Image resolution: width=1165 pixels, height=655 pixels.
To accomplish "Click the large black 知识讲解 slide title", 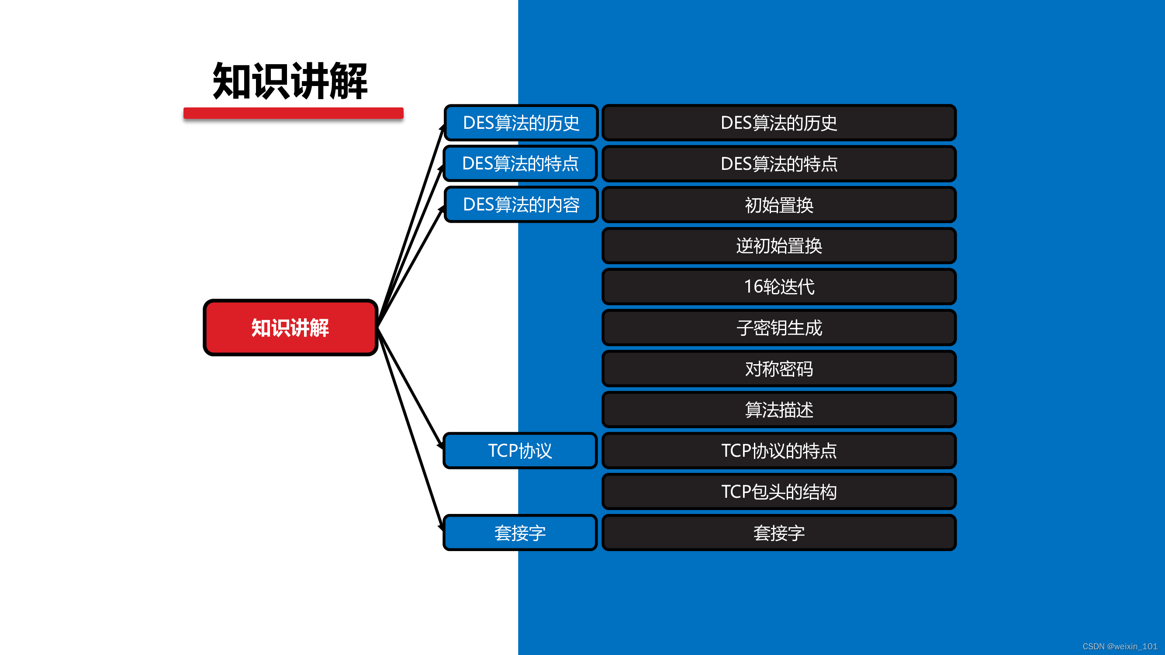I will [290, 81].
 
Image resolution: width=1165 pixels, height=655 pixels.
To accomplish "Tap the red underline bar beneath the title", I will [293, 113].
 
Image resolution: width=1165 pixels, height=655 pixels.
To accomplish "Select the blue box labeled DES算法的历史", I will [521, 123].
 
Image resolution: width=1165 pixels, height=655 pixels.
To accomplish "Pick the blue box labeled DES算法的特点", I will [520, 164].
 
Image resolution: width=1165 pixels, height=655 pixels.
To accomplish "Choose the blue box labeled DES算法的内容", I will [521, 205].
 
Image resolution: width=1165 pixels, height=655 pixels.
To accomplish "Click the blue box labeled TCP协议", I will [520, 451].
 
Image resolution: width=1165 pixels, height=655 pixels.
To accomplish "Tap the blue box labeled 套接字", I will [520, 533].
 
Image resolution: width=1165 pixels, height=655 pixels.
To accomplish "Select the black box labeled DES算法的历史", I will [779, 123].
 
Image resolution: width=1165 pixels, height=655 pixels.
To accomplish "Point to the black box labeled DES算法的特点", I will [779, 164].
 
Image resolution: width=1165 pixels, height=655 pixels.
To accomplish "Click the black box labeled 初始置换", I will [779, 205].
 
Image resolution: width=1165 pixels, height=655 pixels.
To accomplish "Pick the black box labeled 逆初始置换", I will [779, 246].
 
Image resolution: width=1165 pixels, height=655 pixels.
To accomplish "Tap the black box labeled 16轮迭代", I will [779, 286].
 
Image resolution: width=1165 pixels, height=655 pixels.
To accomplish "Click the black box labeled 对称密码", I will [779, 369].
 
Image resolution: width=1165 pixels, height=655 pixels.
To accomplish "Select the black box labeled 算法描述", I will [779, 410].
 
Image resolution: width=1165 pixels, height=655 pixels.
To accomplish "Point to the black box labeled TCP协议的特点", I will [779, 451].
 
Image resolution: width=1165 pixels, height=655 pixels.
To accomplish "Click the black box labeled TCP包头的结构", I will [779, 492].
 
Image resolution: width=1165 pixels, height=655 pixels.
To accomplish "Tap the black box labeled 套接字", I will [779, 533].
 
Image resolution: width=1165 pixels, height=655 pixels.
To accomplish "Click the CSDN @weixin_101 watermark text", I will [1120, 646].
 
